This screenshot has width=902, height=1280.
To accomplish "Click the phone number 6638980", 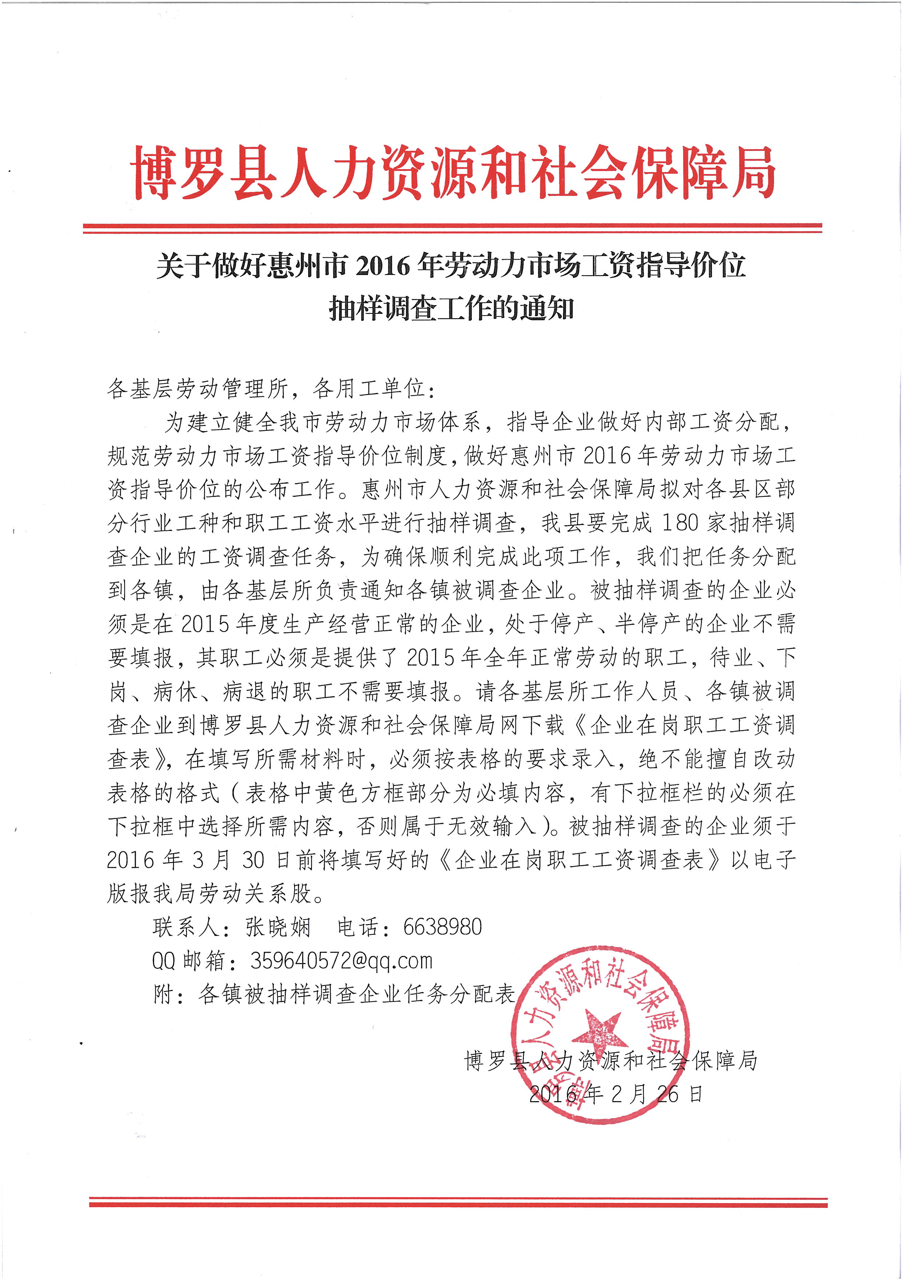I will coord(442,927).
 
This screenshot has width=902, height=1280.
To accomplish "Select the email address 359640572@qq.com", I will coord(341,961).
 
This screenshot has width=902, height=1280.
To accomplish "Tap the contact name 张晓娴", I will coord(278,927).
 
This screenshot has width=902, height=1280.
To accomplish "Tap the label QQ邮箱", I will coord(188,961).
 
